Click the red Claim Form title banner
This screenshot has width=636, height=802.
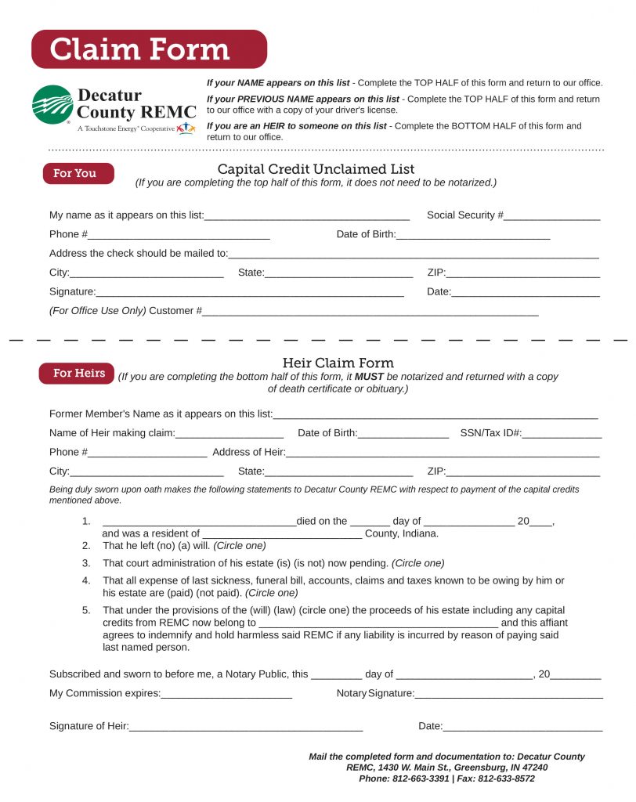[x=149, y=49]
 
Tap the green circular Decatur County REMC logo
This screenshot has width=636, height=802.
[x=52, y=106]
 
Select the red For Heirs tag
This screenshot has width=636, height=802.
[x=77, y=374]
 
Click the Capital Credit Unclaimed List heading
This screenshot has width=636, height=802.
[x=316, y=169]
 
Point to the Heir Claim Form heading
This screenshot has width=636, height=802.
[x=338, y=363]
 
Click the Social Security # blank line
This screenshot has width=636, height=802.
[x=551, y=217]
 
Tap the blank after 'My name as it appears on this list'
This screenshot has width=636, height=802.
[x=306, y=217]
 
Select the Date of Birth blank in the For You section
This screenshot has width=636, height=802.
[x=473, y=236]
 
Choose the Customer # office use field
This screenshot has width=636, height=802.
[x=370, y=312]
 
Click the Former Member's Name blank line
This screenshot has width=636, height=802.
[x=435, y=416]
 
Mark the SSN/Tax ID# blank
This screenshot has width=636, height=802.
[x=562, y=435]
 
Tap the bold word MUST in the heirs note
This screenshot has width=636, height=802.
[x=370, y=377]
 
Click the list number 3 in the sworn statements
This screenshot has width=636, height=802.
[x=86, y=563]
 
